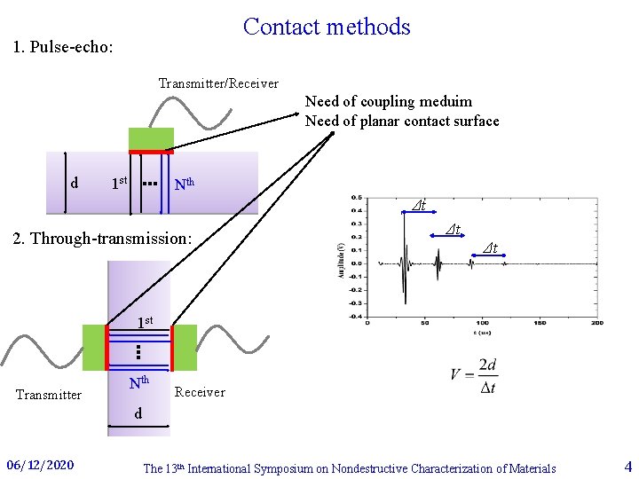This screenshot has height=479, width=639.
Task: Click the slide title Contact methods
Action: (x=327, y=27)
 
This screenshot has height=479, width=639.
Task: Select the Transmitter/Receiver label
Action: (x=218, y=83)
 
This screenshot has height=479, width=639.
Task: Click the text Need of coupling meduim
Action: (x=389, y=101)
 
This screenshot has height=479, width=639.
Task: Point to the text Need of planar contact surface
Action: (x=402, y=121)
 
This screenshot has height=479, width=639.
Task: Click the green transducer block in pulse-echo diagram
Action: (x=151, y=139)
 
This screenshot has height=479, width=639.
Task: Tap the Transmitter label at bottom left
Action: (x=49, y=395)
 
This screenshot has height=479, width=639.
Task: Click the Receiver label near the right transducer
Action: (x=200, y=392)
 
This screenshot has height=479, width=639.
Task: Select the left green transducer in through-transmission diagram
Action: (x=94, y=347)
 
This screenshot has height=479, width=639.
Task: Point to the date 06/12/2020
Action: (x=40, y=466)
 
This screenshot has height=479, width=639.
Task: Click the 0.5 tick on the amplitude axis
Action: (x=356, y=197)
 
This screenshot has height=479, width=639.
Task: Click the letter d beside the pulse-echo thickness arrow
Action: (x=75, y=184)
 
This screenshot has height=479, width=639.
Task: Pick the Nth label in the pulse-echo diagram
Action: (x=185, y=185)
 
